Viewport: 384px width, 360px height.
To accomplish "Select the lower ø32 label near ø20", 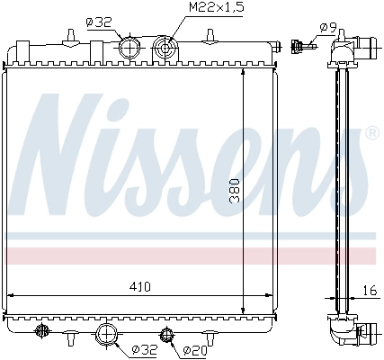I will pyautogui.click(x=145, y=349).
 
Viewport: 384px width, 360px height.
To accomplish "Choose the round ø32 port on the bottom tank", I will pyautogui.click(x=107, y=336).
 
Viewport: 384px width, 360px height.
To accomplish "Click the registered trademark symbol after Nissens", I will pyautogui.click(x=371, y=134).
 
